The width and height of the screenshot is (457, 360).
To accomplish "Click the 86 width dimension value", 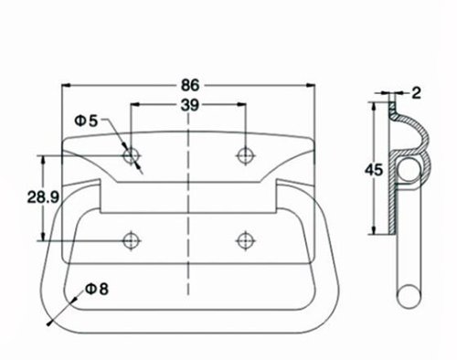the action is [x=190, y=85].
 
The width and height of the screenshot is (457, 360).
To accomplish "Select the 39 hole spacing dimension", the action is [x=189, y=105].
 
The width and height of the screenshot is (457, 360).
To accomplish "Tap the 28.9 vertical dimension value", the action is [x=43, y=197].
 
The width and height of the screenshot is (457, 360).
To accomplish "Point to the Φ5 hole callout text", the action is [x=86, y=121].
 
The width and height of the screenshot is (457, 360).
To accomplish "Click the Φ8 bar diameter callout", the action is [x=97, y=289].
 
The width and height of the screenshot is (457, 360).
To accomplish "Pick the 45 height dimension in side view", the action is [x=374, y=170].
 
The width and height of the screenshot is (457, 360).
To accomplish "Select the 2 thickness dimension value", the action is [x=417, y=92].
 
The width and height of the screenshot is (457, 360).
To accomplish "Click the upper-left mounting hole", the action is [x=132, y=155].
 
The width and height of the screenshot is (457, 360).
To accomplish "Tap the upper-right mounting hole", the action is [x=245, y=155].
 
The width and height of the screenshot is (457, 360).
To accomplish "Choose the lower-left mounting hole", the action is [x=132, y=241].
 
